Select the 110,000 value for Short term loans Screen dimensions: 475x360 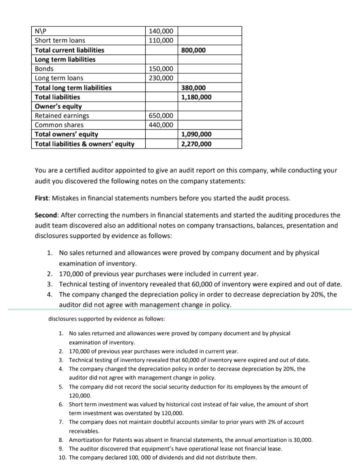tap(161, 41)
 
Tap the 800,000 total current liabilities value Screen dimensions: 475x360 tap(193, 50)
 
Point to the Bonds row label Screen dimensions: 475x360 tap(44, 69)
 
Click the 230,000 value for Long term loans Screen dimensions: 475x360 tap(161, 78)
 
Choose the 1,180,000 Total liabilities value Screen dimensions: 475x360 tap(196, 97)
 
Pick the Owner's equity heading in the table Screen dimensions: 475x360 tap(58, 107)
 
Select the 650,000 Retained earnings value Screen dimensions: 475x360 tap(161, 116)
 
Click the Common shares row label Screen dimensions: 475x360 tap(59, 125)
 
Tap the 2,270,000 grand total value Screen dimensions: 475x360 tap(196, 144)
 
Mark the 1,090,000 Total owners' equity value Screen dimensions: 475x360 tap(196, 135)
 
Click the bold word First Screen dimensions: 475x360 tap(42, 198)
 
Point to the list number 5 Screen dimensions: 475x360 tap(61, 387)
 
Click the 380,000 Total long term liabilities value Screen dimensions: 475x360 tap(193, 88)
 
